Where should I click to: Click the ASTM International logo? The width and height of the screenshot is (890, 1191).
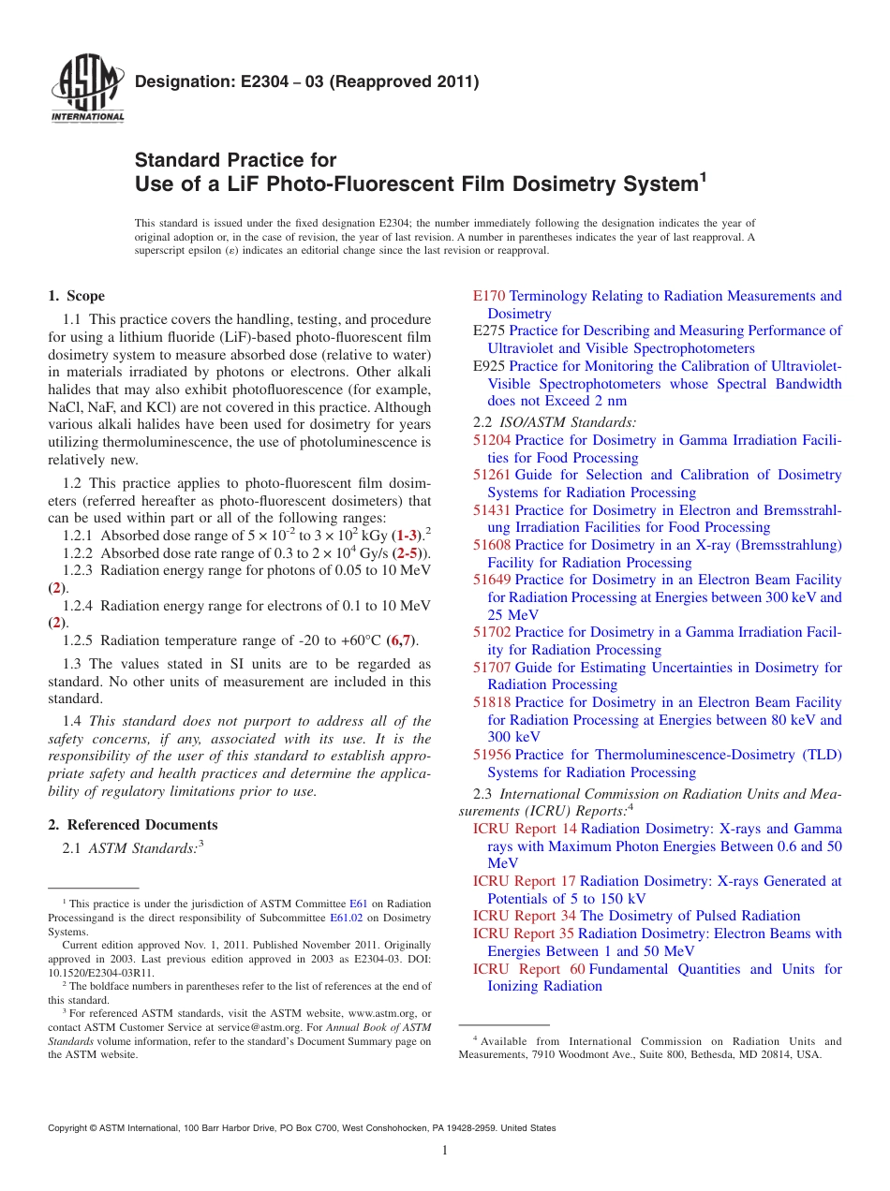click(86, 89)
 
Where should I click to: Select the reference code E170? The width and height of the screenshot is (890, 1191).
click(489, 296)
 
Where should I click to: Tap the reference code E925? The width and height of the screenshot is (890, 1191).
click(489, 366)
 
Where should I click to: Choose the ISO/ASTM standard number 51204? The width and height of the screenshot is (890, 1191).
click(492, 440)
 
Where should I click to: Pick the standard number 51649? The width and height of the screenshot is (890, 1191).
click(492, 580)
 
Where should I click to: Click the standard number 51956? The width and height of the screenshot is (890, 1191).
click(492, 755)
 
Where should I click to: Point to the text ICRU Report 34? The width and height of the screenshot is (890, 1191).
click(524, 916)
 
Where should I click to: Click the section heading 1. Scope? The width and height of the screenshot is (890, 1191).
click(76, 296)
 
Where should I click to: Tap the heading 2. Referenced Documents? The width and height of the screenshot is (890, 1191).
click(132, 825)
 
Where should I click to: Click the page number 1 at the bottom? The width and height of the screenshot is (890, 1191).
click(445, 1150)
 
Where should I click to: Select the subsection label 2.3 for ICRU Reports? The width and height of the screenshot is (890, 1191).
click(483, 794)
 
